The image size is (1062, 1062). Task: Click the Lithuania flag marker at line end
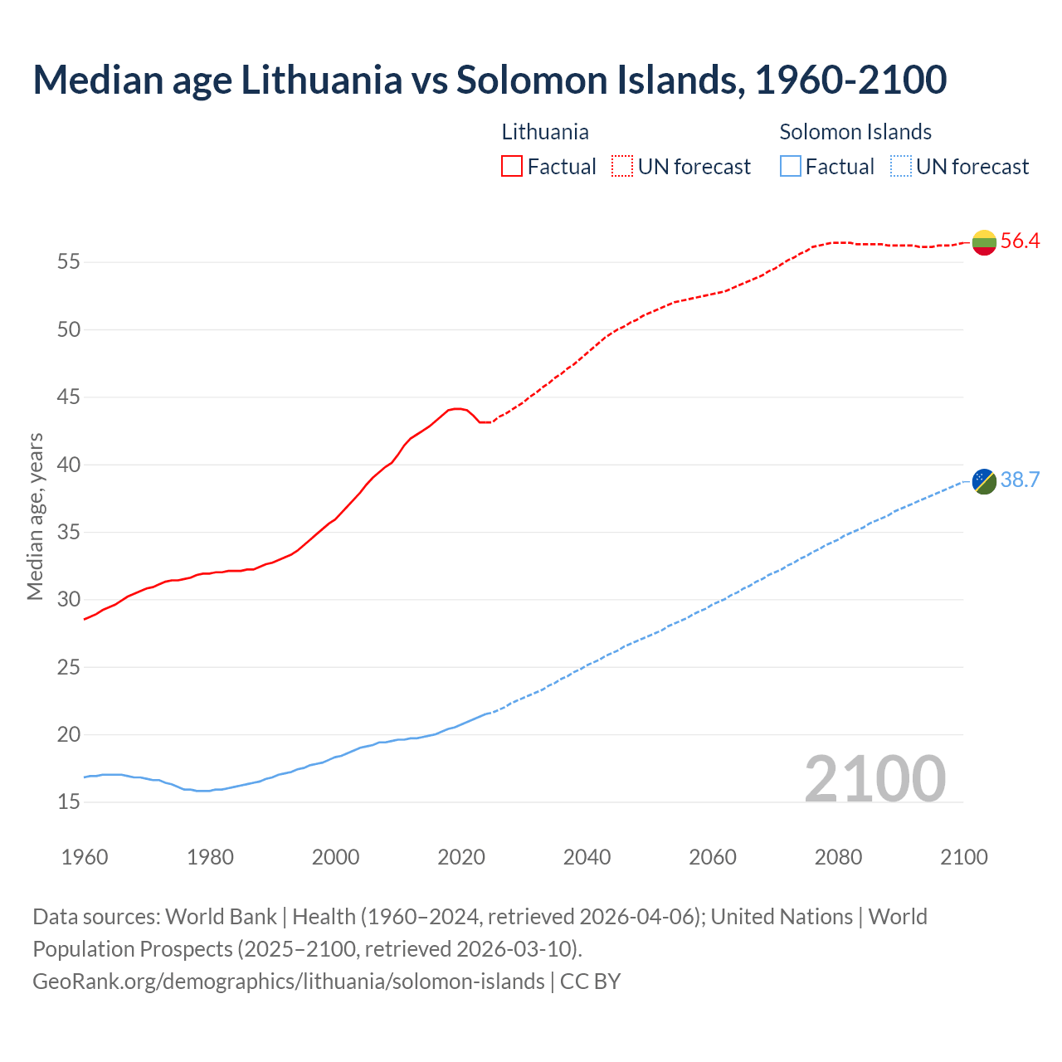click(x=984, y=242)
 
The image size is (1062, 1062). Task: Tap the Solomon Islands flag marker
click(x=984, y=481)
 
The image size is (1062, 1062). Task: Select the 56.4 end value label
click(x=1020, y=241)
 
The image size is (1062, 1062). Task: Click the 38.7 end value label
click(x=1020, y=480)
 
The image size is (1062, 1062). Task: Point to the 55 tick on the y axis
click(x=69, y=262)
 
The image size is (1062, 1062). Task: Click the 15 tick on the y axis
click(x=69, y=802)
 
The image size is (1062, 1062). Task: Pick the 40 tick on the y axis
click(x=69, y=465)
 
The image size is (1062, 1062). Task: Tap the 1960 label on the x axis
click(x=85, y=857)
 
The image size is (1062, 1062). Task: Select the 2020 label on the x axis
click(x=461, y=857)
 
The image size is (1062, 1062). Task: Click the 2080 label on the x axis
click(x=838, y=857)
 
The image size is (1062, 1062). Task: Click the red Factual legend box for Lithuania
click(x=512, y=167)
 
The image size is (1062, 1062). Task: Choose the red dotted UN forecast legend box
click(x=622, y=167)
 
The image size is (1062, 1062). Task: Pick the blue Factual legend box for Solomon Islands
click(x=791, y=167)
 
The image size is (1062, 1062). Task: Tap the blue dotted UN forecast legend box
click(x=900, y=167)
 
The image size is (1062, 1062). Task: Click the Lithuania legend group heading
click(x=545, y=132)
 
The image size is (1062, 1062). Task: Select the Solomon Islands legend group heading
click(x=855, y=132)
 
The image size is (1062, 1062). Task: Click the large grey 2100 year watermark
click(x=874, y=778)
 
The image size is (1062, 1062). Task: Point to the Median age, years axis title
click(x=35, y=516)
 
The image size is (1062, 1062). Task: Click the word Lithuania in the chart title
click(x=321, y=80)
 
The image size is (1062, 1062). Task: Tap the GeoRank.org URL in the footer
click(x=289, y=982)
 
